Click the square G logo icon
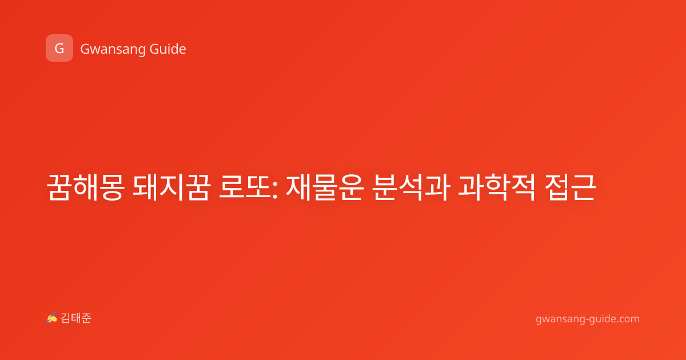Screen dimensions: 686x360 pos(59,48)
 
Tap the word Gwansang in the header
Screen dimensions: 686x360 pos(113,50)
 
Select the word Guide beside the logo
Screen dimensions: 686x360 pos(168,49)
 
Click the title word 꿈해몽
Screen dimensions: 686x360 pos(85,187)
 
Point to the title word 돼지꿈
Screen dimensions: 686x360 pos(172,187)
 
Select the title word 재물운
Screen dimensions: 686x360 pos(325,187)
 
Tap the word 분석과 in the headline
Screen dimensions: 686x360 pos(411,187)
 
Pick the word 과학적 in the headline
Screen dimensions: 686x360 pos(497,187)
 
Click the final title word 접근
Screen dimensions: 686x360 pos(571,187)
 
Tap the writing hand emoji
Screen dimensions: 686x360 pos(52,318)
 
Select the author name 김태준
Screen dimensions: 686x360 pos(75,318)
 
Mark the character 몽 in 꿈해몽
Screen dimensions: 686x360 pos(112,187)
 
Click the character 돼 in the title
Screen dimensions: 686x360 pos(146,187)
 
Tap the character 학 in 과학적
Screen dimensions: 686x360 pos(497,187)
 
